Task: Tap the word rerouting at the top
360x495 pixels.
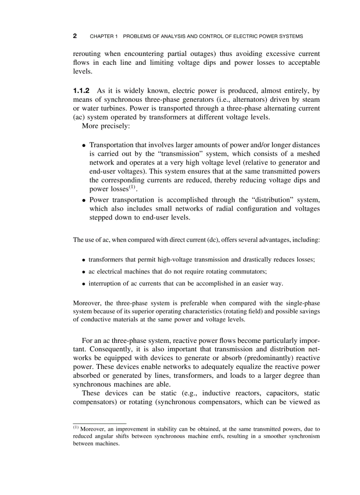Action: point(86,54)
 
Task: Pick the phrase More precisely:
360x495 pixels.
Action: point(105,127)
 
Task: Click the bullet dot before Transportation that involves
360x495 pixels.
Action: point(84,145)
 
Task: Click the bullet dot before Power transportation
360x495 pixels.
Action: point(84,200)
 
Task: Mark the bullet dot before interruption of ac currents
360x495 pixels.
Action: point(84,284)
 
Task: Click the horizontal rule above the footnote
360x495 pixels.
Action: point(99,423)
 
